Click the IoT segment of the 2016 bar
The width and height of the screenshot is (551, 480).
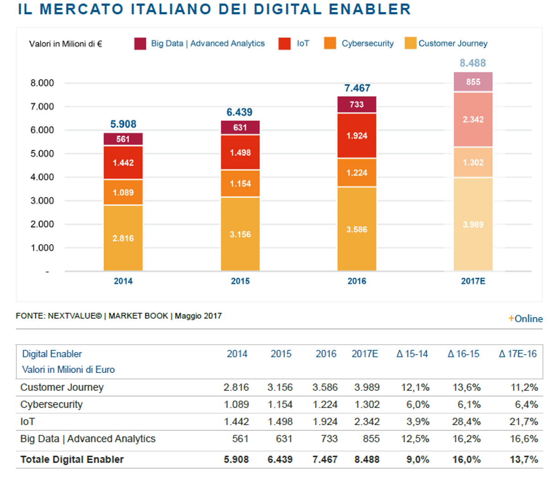coord(357,136)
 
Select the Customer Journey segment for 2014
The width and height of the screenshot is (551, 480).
coord(123,238)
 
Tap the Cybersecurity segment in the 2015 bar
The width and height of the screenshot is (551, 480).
coord(240,183)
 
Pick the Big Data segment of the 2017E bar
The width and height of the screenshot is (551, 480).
coord(473,82)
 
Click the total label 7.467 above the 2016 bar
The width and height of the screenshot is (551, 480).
coord(357,88)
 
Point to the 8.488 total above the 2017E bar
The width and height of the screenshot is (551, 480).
coord(473,63)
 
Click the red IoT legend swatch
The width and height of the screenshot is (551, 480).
coord(284,43)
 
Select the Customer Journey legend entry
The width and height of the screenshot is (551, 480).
coord(452,43)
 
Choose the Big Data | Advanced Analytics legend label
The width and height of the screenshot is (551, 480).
coord(208,43)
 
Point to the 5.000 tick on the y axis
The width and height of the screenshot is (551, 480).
coord(42,154)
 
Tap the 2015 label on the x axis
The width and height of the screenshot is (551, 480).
coord(240,281)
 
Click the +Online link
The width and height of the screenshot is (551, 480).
coord(525,319)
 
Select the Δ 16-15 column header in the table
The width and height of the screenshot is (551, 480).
coord(463,354)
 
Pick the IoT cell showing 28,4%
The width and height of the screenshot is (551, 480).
coord(466,421)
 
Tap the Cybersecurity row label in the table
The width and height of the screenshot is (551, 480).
coord(51,405)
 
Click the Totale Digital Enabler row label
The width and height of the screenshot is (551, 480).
coord(72,459)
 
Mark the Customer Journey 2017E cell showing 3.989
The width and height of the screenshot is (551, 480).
coord(367,387)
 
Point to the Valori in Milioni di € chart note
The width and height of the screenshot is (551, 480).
coord(65,44)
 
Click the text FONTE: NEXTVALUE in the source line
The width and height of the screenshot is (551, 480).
coord(59,316)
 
